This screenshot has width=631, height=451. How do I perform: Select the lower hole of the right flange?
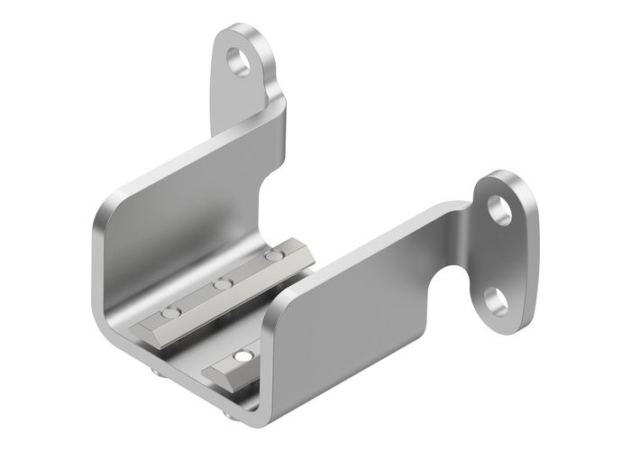(x=494, y=299)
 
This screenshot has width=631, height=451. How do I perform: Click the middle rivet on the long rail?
(x=219, y=286)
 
